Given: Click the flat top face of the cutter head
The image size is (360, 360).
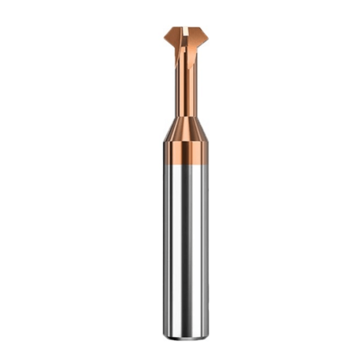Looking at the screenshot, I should (x=183, y=28).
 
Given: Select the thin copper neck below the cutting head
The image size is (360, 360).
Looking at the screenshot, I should (x=184, y=87).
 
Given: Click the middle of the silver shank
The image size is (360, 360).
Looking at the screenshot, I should (x=185, y=245).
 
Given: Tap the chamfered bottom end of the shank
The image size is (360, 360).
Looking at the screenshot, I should (x=185, y=335).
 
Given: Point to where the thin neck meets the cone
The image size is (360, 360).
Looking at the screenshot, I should (x=184, y=117).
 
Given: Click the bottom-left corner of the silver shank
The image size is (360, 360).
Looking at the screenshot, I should (x=165, y=333).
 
